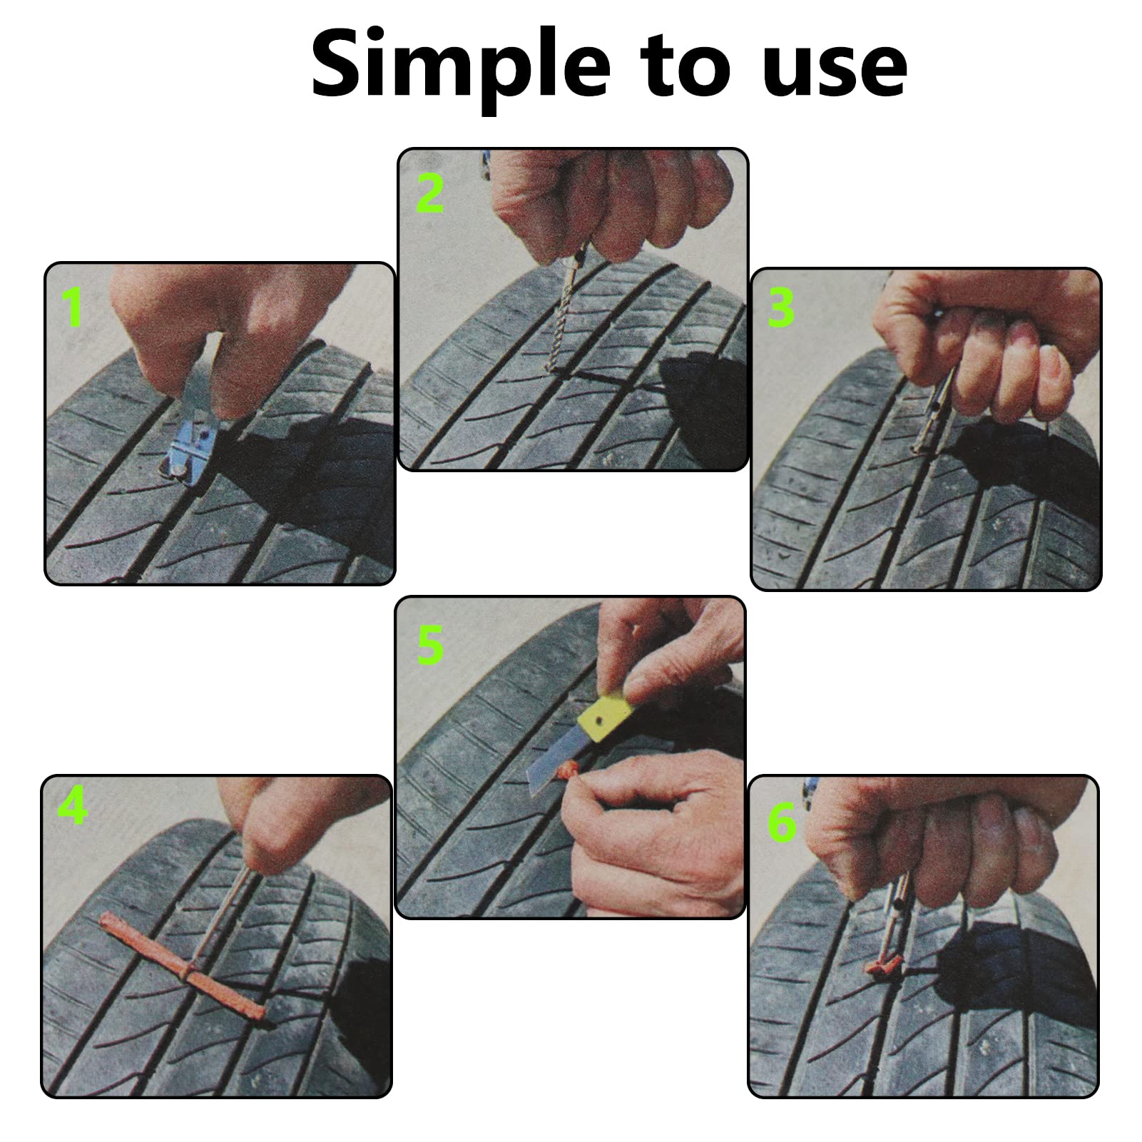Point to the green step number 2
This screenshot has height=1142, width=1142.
click(x=429, y=193)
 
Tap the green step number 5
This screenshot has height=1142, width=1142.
click(x=430, y=645)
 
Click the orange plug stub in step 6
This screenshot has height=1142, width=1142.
click(x=883, y=968)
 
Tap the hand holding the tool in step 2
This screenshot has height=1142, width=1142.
click(x=606, y=207)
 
